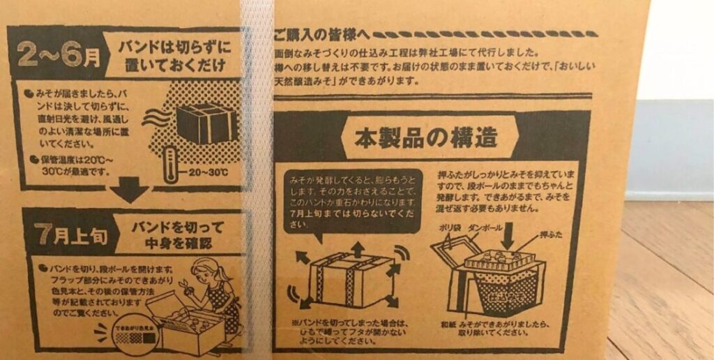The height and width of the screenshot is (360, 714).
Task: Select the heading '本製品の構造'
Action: click(426, 136)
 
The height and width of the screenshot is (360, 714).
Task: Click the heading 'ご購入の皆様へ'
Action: click(318, 34)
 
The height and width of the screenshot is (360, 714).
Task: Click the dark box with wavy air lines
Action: click(205, 124)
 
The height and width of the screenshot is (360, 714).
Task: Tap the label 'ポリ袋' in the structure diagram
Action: click(450, 227)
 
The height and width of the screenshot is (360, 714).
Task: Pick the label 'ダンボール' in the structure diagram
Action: click(489, 227)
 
